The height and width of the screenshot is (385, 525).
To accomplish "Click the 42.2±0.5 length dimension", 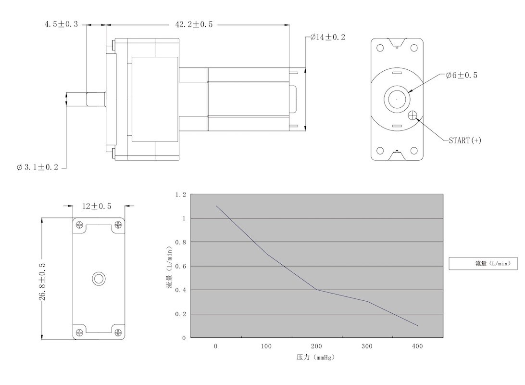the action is point(194,25).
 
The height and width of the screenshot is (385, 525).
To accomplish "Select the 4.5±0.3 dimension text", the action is point(61,24).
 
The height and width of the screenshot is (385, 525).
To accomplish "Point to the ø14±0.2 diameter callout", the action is point(327,37).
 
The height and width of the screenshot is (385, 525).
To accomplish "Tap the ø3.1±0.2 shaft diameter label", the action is point(37,167).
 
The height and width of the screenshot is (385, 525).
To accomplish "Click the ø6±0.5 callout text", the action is point(462,75).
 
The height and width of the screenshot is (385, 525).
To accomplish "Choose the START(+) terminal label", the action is point(465,141).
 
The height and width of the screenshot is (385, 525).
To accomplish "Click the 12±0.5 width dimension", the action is point(97,206).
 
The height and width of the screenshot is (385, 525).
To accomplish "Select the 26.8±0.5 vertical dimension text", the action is point(42,282).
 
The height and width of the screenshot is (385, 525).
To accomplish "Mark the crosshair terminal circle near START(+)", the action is point(412,115).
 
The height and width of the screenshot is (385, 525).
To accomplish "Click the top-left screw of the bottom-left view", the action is point(79,224).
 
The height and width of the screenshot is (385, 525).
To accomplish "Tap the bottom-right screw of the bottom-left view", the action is point(118,333).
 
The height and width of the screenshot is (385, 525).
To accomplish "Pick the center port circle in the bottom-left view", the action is point(99,279).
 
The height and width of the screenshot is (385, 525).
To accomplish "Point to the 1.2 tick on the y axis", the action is point(180,195).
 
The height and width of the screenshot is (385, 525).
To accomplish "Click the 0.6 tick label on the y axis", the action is point(180,267).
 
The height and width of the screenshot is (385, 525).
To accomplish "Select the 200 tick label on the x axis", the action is point(316,346).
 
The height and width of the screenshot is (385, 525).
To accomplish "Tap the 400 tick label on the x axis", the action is point(417,346).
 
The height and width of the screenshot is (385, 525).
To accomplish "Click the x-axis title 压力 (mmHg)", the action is point(315,357).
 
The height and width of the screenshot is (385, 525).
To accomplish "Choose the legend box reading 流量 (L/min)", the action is point(483,263).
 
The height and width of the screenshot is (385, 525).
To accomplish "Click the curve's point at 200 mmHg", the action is point(317,290).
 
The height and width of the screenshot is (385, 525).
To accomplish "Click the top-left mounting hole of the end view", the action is point(380,48).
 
